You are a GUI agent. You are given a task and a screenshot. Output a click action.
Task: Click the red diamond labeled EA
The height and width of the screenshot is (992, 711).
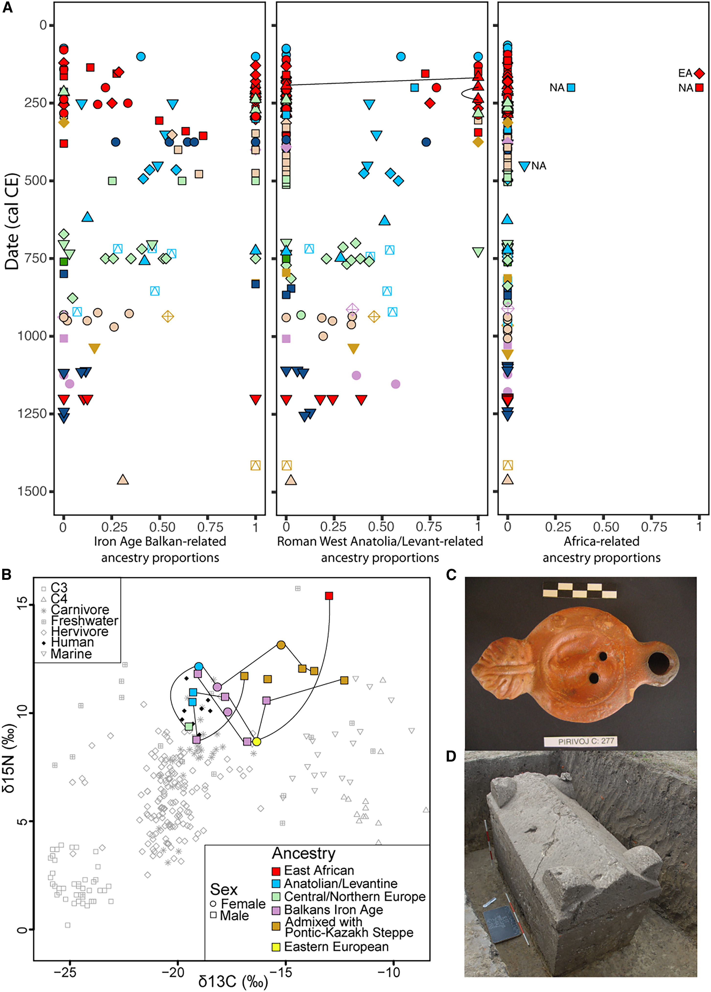pos(699,73)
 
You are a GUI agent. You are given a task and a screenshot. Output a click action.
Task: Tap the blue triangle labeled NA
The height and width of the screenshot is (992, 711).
pos(524,166)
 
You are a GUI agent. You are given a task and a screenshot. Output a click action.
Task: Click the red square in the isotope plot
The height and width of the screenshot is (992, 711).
pos(329,596)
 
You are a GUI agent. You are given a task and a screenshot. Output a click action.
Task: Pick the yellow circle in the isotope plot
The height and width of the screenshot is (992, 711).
pos(257,741)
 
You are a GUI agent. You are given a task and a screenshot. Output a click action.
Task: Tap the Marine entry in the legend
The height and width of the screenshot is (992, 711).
pos(71,654)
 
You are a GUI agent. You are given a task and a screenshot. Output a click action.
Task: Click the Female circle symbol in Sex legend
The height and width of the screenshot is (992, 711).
pos(213,904)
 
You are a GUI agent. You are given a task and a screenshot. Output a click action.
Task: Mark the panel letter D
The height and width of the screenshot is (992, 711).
pos(451,756)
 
